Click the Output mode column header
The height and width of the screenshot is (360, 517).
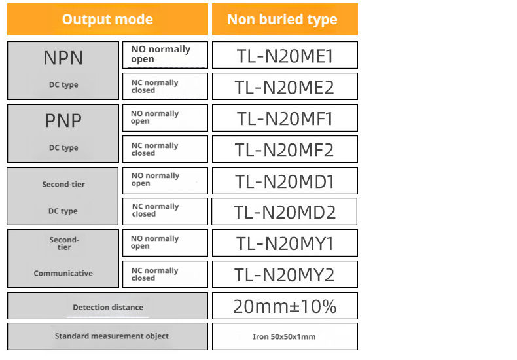click(107, 20)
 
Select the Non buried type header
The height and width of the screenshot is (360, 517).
click(285, 20)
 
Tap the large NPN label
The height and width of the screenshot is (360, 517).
click(63, 58)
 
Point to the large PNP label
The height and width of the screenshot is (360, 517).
click(63, 120)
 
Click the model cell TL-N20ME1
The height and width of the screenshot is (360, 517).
click(285, 55)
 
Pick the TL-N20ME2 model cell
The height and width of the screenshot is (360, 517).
click(285, 86)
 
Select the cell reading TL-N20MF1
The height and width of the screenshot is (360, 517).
click(285, 118)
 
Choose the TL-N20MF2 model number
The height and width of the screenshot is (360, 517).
click(285, 149)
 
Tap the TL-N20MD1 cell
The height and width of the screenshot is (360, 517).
click(285, 181)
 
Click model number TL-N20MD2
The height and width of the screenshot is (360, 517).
click(284, 211)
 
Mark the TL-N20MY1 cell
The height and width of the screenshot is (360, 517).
click(285, 243)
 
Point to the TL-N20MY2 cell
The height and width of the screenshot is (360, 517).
click(285, 274)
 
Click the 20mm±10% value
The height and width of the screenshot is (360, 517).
click(285, 306)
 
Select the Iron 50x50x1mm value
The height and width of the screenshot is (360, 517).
click(285, 336)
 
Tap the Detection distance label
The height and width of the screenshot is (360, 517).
click(108, 307)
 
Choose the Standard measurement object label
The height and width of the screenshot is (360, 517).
click(112, 336)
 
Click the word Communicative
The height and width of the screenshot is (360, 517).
click(63, 274)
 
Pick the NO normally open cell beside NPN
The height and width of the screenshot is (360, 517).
click(165, 55)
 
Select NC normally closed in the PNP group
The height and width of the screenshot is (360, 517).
click(165, 149)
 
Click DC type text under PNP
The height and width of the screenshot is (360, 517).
click(63, 148)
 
